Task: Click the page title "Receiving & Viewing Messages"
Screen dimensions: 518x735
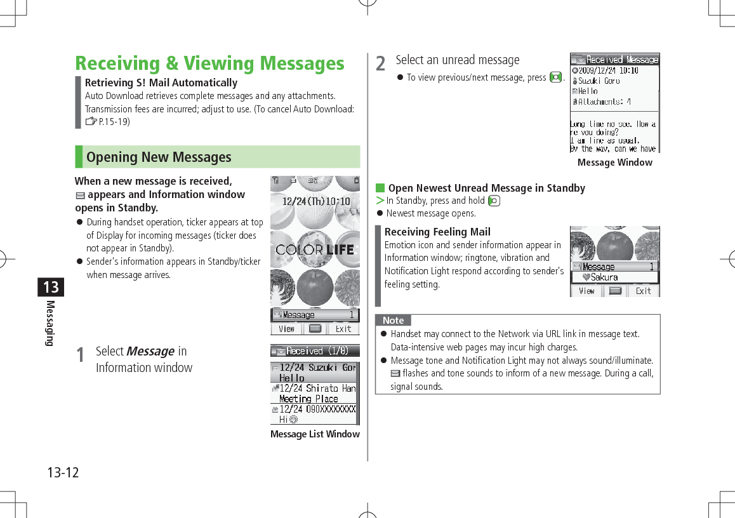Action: [209, 63]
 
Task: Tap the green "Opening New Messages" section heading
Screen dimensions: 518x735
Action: [159, 157]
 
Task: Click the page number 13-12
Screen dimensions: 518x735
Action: [63, 472]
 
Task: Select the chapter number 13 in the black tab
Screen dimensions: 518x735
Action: [51, 287]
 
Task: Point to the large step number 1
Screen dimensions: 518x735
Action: [80, 355]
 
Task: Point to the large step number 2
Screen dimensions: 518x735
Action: [380, 63]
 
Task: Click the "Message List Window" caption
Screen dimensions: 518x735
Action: [315, 434]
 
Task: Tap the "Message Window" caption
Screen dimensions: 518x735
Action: [614, 163]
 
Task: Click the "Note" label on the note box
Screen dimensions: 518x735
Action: [393, 321]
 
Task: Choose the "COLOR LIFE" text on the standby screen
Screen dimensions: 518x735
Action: [315, 249]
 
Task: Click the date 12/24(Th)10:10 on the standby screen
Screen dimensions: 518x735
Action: [315, 201]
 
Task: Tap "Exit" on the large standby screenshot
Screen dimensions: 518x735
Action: [343, 329]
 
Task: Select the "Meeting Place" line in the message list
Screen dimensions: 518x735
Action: [308, 399]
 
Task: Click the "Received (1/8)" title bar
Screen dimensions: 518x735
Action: [315, 350]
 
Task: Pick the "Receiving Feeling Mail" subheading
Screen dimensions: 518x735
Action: [437, 232]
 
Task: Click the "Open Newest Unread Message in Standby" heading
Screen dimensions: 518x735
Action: [486, 188]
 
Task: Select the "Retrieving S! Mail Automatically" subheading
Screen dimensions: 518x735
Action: [161, 83]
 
